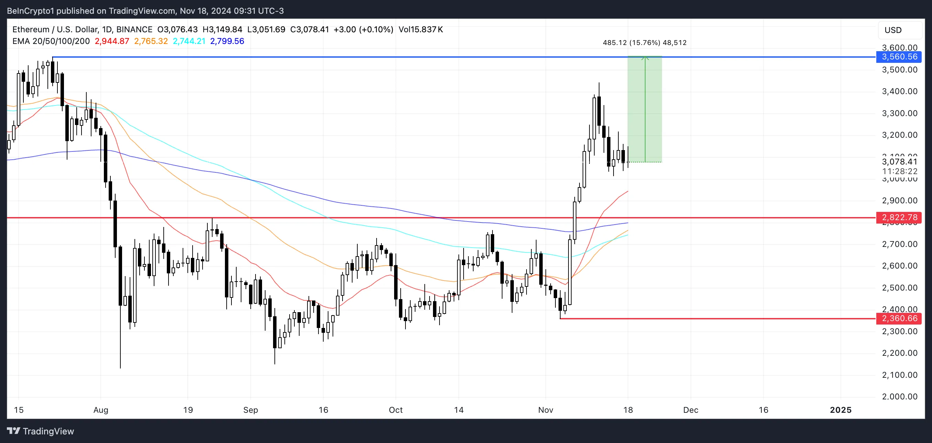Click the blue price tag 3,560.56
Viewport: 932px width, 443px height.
coord(899,57)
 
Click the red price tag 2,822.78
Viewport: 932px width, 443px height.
coord(899,217)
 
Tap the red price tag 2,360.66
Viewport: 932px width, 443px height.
coord(899,318)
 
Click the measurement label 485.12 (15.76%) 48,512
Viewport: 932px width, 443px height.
coord(644,43)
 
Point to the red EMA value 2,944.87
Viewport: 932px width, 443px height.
coord(112,41)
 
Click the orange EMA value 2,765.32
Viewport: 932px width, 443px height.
coord(151,41)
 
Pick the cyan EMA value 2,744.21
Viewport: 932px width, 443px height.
coord(189,41)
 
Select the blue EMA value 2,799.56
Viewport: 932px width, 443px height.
coord(227,41)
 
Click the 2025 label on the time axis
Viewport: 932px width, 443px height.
coord(841,410)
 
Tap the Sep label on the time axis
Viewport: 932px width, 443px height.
coord(250,410)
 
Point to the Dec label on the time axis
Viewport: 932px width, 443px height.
coord(690,410)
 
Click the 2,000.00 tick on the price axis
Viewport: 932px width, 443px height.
coord(899,396)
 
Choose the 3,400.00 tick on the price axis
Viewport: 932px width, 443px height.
coord(899,91)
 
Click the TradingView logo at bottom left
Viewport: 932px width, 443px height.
coord(41,431)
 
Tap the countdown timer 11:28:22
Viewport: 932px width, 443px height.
coord(899,171)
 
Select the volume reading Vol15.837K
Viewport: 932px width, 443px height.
coord(420,30)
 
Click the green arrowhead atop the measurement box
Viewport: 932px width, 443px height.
coord(645,57)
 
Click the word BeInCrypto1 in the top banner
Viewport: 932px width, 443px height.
coord(30,11)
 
